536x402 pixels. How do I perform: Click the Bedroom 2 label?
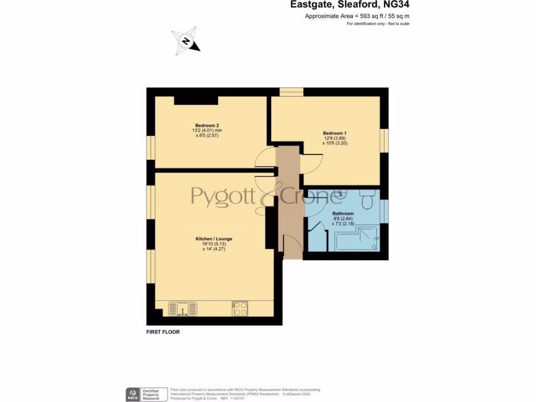pos(207,126)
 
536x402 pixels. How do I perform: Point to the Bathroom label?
pos(343,214)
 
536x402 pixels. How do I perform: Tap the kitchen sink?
pos(182,309)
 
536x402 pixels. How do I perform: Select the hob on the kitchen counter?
pos(240,309)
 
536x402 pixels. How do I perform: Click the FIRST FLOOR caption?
pos(163,332)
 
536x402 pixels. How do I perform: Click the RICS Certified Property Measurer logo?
pos(147,394)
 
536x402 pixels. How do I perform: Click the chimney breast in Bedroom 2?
pos(196,100)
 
